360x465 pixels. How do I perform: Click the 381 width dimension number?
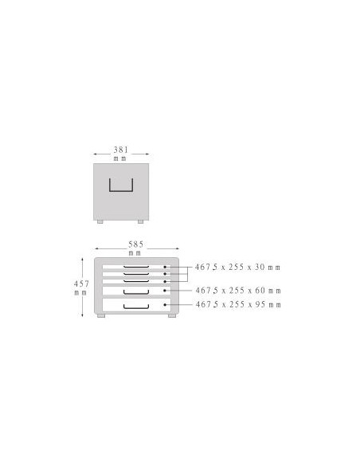click(x=121, y=150)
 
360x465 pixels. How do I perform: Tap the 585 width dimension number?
click(x=136, y=244)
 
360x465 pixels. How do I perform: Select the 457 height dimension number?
click(x=81, y=284)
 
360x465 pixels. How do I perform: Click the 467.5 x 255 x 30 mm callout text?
click(x=237, y=268)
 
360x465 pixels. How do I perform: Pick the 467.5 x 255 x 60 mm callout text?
click(x=238, y=291)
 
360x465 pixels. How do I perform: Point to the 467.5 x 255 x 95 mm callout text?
click(x=238, y=305)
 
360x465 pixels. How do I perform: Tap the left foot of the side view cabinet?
click(x=100, y=221)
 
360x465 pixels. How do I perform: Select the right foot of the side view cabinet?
click(x=140, y=221)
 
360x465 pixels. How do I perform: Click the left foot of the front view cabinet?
click(x=101, y=315)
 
